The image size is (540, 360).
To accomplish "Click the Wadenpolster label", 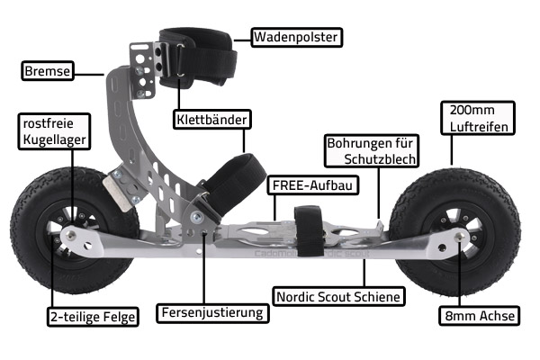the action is (x=296, y=37).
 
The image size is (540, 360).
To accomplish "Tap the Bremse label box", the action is (x=48, y=71).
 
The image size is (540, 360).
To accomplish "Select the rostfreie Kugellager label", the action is (x=54, y=131).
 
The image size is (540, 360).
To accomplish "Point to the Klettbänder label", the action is (x=211, y=120).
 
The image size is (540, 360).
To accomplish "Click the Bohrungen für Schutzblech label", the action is (x=372, y=151).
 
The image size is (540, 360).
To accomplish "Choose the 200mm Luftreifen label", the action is (x=478, y=118).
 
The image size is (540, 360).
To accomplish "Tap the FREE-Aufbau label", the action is (x=312, y=185).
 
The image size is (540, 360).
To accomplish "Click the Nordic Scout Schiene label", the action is (x=338, y=296).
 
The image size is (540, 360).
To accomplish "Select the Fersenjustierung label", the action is (x=212, y=313).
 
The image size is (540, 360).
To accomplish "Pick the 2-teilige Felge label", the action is (x=93, y=317).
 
